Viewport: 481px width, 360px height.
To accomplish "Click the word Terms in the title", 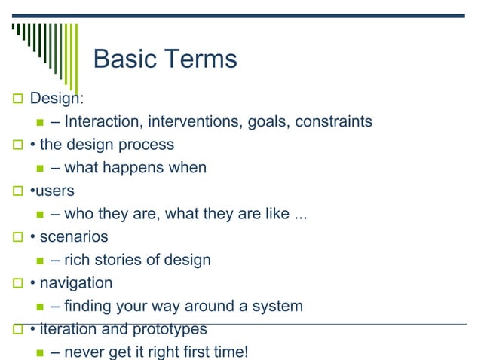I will [202, 59].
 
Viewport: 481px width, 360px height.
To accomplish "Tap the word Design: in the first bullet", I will [57, 99].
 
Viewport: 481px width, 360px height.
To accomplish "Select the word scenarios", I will [74, 237].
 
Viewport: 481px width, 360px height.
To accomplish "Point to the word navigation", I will [76, 283].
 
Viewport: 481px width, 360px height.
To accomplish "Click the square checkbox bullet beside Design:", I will [17, 99].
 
